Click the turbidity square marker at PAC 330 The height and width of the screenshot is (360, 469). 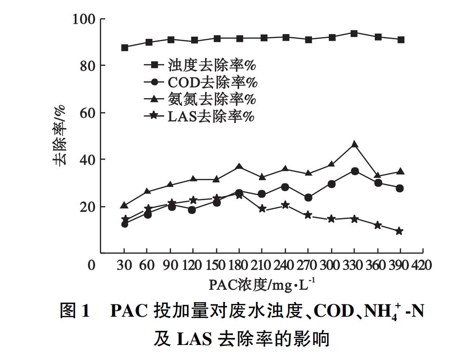[x=354, y=34]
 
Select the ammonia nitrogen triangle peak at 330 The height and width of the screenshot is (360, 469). [x=354, y=144]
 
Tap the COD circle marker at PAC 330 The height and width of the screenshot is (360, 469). [x=355, y=171]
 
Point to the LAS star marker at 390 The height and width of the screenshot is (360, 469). [x=399, y=231]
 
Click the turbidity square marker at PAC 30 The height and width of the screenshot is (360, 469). [x=125, y=48]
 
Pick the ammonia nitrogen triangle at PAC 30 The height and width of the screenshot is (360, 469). [x=125, y=205]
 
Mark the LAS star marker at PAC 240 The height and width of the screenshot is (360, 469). [x=285, y=205]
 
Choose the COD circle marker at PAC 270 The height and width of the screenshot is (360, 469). [x=308, y=197]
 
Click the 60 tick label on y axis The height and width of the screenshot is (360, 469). [x=86, y=113]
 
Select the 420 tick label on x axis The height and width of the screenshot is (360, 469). [x=421, y=265]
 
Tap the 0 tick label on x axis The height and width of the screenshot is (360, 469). [x=92, y=265]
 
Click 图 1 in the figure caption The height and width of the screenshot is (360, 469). [x=75, y=311]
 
